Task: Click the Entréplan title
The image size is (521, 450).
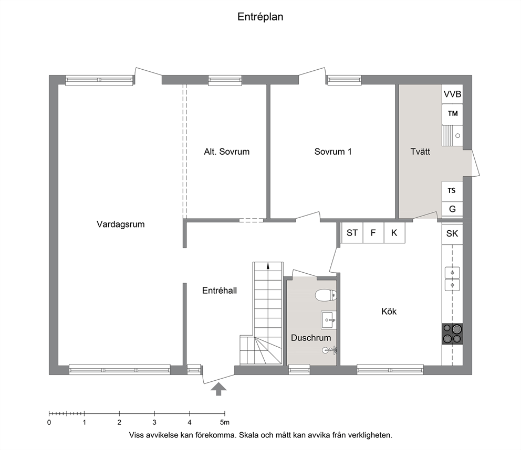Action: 260,17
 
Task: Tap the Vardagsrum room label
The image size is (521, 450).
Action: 121,224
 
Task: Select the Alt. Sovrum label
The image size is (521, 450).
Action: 226,152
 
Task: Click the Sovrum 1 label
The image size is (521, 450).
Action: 333,152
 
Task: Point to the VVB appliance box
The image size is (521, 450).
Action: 452,94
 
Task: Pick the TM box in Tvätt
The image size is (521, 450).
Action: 452,114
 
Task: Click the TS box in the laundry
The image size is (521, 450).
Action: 452,191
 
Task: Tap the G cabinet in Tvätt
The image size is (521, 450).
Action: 452,209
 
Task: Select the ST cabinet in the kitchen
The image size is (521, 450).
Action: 352,233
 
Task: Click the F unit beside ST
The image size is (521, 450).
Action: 373,233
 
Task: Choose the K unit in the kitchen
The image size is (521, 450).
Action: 394,233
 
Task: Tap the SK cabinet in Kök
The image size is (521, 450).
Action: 452,233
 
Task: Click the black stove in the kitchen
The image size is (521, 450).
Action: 452,334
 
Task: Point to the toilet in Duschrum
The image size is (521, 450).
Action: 326,295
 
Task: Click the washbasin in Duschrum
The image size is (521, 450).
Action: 329,320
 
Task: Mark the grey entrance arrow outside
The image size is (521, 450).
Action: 218,389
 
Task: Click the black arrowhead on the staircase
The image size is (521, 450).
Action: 268,265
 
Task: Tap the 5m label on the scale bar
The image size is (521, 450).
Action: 225,422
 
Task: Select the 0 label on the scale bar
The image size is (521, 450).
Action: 49,422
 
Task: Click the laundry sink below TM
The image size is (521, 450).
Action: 452,135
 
